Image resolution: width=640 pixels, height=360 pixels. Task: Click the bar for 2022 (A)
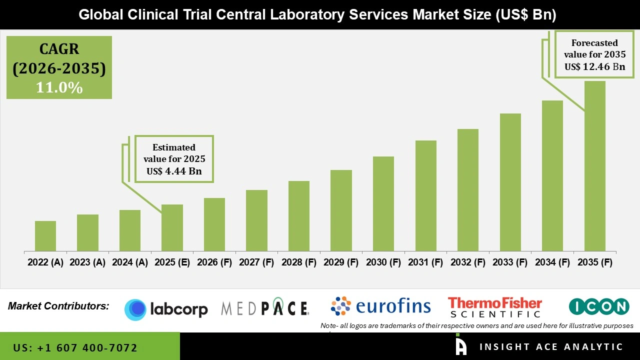pyautogui.click(x=45, y=236)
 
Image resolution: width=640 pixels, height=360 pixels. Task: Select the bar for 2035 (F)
pyautogui.click(x=594, y=166)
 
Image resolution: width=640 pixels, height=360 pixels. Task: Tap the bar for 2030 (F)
pyautogui.click(x=383, y=203)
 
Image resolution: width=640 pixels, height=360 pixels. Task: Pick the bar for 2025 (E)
pyautogui.click(x=172, y=227)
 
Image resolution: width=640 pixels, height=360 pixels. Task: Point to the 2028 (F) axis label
pyautogui.click(x=298, y=262)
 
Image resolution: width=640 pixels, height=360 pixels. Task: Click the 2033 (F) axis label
pyautogui.click(x=510, y=262)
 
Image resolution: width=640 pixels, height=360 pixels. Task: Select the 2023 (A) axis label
pyautogui.click(x=87, y=262)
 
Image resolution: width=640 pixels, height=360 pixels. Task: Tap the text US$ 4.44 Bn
pyautogui.click(x=174, y=171)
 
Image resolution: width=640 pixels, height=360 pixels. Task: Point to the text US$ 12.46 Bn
pyautogui.click(x=594, y=66)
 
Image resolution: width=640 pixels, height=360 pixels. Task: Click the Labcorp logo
pyautogui.click(x=166, y=309)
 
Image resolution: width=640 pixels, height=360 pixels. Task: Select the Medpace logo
pyautogui.click(x=265, y=308)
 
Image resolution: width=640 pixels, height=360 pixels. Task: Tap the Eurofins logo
pyautogui.click(x=380, y=306)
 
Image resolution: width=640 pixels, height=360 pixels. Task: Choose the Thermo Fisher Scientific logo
pyautogui.click(x=494, y=307)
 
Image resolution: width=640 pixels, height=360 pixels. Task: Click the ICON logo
pyautogui.click(x=598, y=306)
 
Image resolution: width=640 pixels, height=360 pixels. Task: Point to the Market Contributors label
pyautogui.click(x=58, y=306)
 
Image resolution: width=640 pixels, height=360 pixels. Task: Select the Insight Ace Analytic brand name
pyautogui.click(x=551, y=347)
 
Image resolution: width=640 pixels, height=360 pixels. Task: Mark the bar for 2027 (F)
pyautogui.click(x=256, y=220)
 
